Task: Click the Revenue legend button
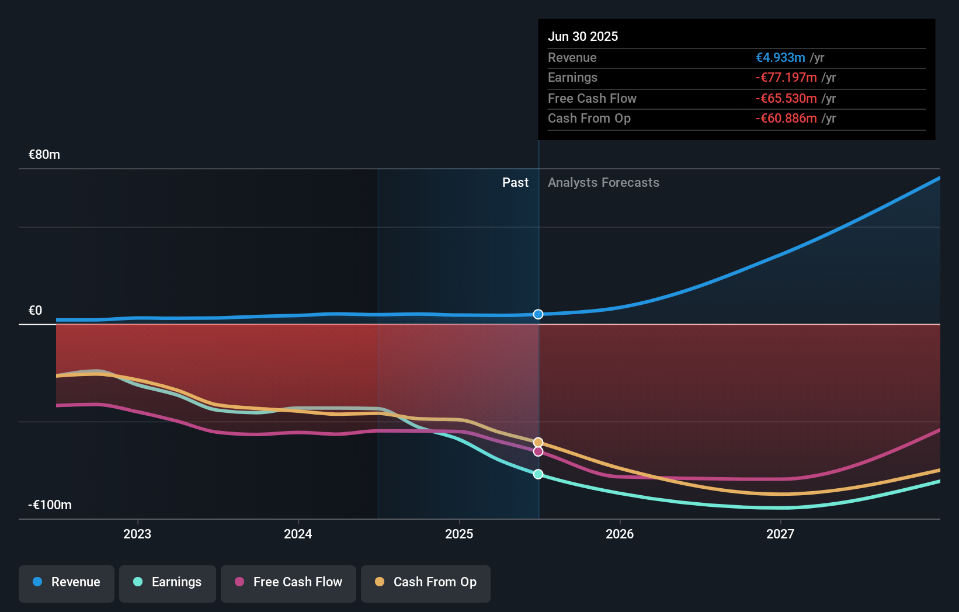coord(67,582)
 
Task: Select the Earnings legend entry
coord(168,582)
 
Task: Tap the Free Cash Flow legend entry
coord(289,582)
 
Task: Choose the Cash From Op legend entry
coord(426,582)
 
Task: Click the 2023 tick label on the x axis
coord(137,534)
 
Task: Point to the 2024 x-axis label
coord(298,534)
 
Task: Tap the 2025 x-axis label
coord(459,534)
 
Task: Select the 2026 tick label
coord(620,534)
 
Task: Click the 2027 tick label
coord(780,534)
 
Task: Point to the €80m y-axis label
coord(44,155)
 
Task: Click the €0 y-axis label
coord(36,311)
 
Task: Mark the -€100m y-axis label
coord(50,505)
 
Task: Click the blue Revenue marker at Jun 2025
coord(538,314)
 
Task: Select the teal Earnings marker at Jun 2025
coord(538,474)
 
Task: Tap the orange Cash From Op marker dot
coord(538,443)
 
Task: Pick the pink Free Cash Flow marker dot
coord(538,451)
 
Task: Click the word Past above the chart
coord(515,183)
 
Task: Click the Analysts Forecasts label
coord(603,183)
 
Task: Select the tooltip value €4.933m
coord(780,58)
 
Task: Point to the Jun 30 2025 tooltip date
coord(583,36)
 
